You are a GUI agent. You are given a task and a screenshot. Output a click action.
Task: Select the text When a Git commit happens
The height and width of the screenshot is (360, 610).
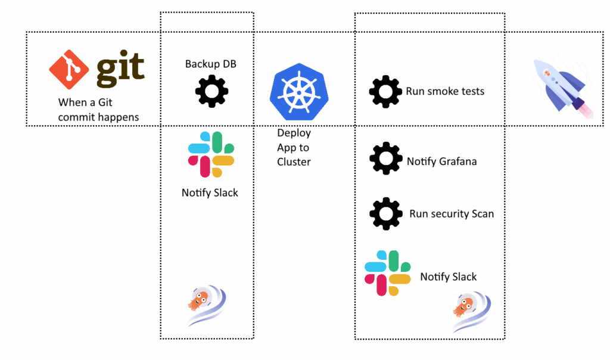[98, 110]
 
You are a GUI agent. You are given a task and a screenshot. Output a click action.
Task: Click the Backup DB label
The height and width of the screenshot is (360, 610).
[210, 64]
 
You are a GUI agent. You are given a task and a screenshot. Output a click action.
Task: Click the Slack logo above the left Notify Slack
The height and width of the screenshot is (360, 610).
[211, 154]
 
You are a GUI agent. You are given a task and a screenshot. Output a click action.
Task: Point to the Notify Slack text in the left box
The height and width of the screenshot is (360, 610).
[210, 193]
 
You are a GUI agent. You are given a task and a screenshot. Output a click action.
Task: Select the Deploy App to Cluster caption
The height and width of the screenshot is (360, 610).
[294, 147]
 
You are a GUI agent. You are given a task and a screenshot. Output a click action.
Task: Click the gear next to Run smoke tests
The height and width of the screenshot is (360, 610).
[385, 92]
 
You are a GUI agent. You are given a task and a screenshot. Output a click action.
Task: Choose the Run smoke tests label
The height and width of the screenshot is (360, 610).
[445, 91]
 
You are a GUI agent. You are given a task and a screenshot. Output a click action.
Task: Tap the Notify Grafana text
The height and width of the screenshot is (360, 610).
[441, 161]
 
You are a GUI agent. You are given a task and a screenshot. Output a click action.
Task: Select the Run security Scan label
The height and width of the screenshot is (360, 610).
[451, 213]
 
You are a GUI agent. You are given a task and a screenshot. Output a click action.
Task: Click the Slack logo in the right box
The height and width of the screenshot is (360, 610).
[387, 273]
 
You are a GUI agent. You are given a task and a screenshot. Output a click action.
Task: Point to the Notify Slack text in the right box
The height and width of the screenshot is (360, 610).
[448, 277]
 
